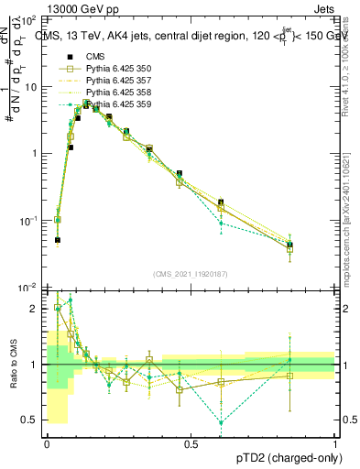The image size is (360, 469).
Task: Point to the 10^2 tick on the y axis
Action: click(29, 19)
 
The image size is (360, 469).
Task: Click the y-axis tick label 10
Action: click(32, 86)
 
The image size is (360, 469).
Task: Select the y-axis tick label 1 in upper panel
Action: click(35, 153)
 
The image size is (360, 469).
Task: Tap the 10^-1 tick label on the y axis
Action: click(29, 221)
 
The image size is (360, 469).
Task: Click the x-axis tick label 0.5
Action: click(191, 444)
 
